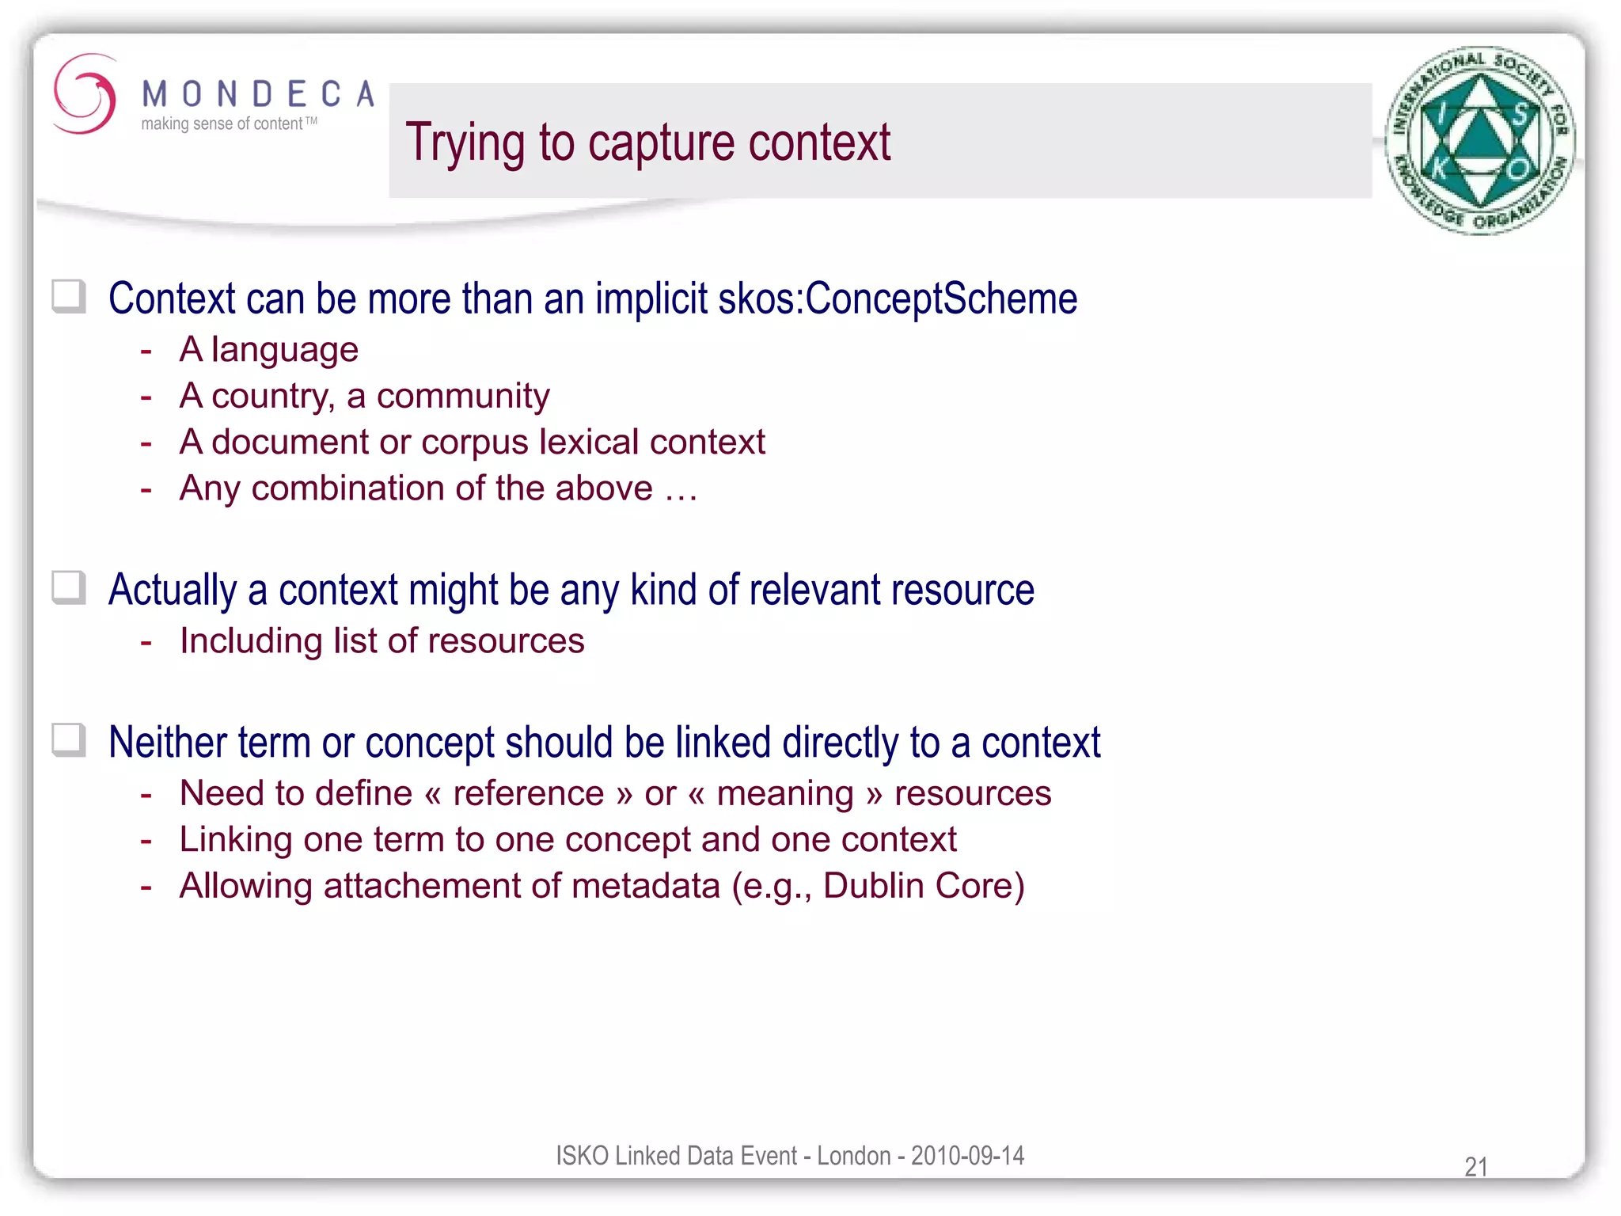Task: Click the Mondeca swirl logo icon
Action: pos(84,94)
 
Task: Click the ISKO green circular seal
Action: pos(1479,140)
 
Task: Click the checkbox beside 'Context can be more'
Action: pos(69,297)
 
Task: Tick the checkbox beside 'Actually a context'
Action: pos(69,588)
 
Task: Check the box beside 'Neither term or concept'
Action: pos(69,741)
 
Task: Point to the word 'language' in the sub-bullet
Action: pos(284,351)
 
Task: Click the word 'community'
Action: pos(463,396)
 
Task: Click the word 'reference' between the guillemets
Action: pos(528,793)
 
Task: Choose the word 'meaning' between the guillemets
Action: pos(784,794)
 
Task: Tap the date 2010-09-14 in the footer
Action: pos(967,1156)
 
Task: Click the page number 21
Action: pos(1476,1166)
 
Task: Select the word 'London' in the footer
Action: pos(853,1156)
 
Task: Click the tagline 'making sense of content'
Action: pos(222,124)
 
